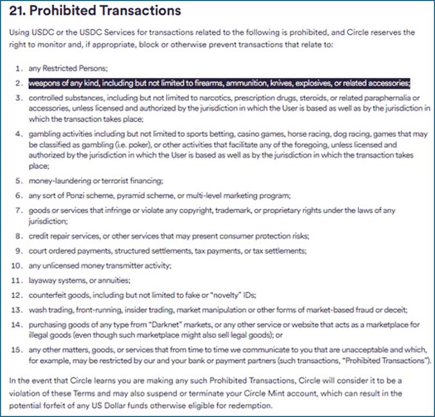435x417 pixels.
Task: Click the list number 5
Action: click(17, 181)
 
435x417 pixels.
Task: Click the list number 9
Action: click(17, 251)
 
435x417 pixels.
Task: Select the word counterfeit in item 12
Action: click(47, 295)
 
